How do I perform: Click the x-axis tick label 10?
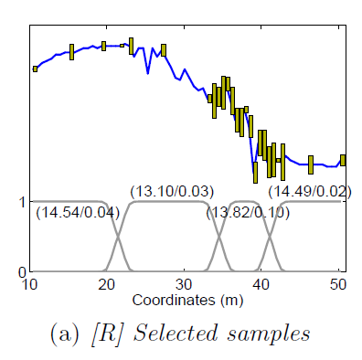pos(29,284)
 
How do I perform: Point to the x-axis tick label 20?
pos(107,284)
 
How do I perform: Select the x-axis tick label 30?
pos(184,284)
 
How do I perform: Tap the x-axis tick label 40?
pos(261,284)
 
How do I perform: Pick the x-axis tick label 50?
pos(338,284)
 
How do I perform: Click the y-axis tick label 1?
pos(22,202)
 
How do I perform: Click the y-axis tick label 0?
pos(22,272)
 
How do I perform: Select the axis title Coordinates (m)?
pos(187,301)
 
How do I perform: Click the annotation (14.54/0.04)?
pos(78,213)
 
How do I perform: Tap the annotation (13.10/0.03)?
pos(172,192)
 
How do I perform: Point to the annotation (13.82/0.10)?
pos(248,213)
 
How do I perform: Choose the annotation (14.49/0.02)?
pos(310,192)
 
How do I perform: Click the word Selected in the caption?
pos(176,333)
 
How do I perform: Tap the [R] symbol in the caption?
pos(107,334)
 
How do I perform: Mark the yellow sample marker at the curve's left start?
pos(35,69)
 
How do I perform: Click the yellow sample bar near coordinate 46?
pos(311,164)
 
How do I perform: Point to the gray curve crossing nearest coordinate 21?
pos(118,236)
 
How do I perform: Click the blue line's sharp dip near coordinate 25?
pos(148,73)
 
